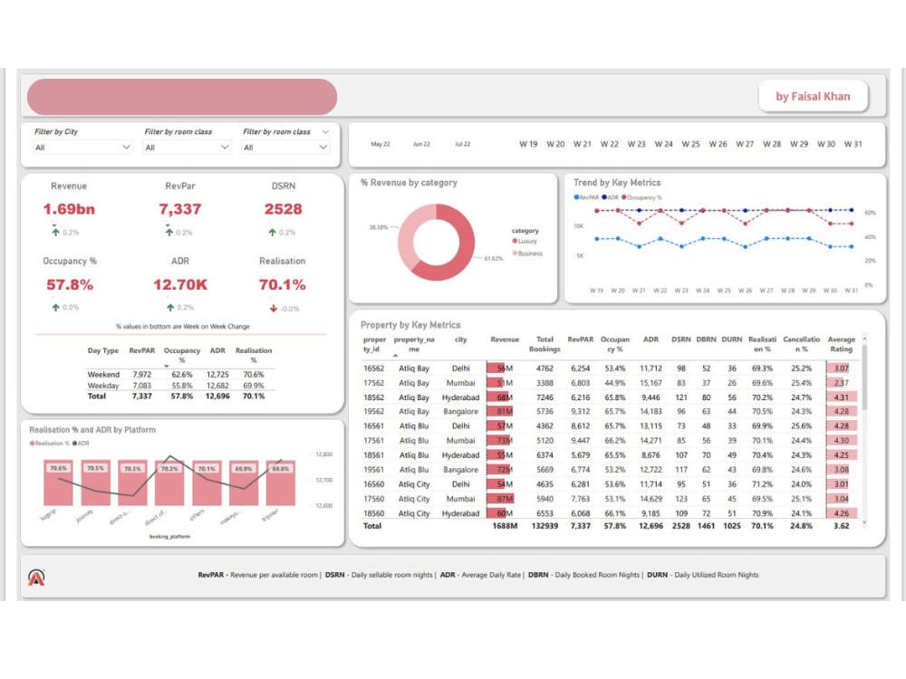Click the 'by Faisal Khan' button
pyautogui.click(x=813, y=97)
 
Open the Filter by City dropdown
pyautogui.click(x=82, y=148)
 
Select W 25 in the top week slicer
pyautogui.click(x=691, y=144)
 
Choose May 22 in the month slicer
pyautogui.click(x=381, y=144)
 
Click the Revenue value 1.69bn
pyautogui.click(x=69, y=209)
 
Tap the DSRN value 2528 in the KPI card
pyautogui.click(x=283, y=209)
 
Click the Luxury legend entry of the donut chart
pyautogui.click(x=525, y=242)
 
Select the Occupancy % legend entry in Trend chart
pyautogui.click(x=642, y=196)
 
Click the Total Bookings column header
pyautogui.click(x=545, y=345)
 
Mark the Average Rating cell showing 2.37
pyautogui.click(x=840, y=383)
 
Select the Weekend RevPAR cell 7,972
pyautogui.click(x=141, y=374)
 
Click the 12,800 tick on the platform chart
pyautogui.click(x=325, y=454)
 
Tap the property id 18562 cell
pyautogui.click(x=374, y=397)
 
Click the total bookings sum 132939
pyautogui.click(x=545, y=526)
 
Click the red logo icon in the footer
pyautogui.click(x=37, y=577)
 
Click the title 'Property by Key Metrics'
pyautogui.click(x=410, y=325)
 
